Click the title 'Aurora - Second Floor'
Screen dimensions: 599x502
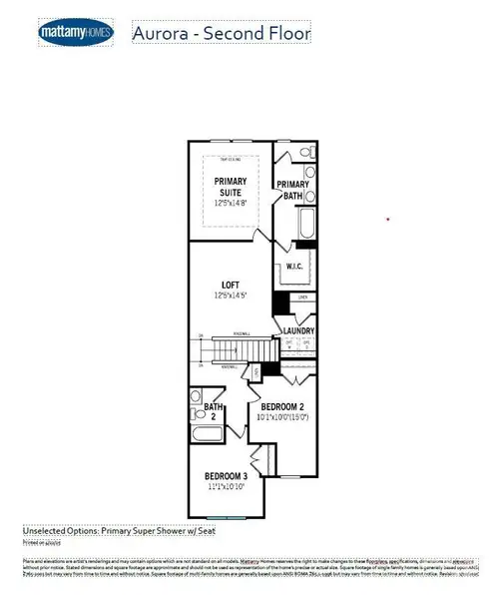[x=222, y=33]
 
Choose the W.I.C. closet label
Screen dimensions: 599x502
[x=292, y=266]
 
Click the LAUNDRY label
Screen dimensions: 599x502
[x=298, y=330]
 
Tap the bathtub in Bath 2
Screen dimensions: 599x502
[x=209, y=437]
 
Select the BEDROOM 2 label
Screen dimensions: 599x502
[x=282, y=407]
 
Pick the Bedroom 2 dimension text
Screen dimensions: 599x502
[x=282, y=419]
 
